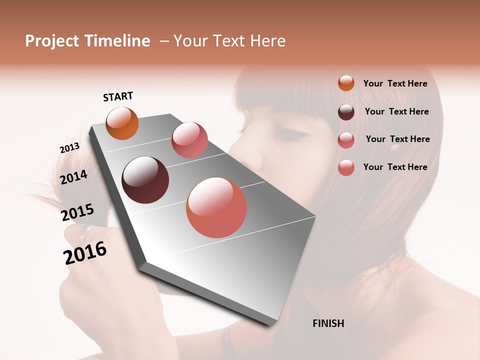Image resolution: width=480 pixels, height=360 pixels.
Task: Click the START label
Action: [118, 96]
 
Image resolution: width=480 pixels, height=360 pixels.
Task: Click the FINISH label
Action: [328, 323]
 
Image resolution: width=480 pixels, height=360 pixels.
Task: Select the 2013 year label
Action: [69, 148]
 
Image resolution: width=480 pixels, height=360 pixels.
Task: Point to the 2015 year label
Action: [77, 212]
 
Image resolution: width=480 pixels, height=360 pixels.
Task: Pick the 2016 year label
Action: [85, 252]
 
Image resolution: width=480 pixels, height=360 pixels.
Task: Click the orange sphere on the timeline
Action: [122, 123]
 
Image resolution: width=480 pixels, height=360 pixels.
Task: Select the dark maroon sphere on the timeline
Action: [145, 180]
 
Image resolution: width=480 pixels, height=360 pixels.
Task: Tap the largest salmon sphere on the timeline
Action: [216, 207]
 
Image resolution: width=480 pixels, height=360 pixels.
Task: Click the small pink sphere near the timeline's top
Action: [189, 140]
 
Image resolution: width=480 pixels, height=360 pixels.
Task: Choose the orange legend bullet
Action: [346, 83]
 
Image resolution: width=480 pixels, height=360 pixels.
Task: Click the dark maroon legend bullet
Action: [346, 112]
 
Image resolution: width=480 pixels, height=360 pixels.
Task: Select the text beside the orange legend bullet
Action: [395, 83]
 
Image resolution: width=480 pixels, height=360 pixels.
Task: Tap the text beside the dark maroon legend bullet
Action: [396, 111]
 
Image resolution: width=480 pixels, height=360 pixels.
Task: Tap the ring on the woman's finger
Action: [84, 230]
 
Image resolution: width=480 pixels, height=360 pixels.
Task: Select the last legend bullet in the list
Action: [346, 167]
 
